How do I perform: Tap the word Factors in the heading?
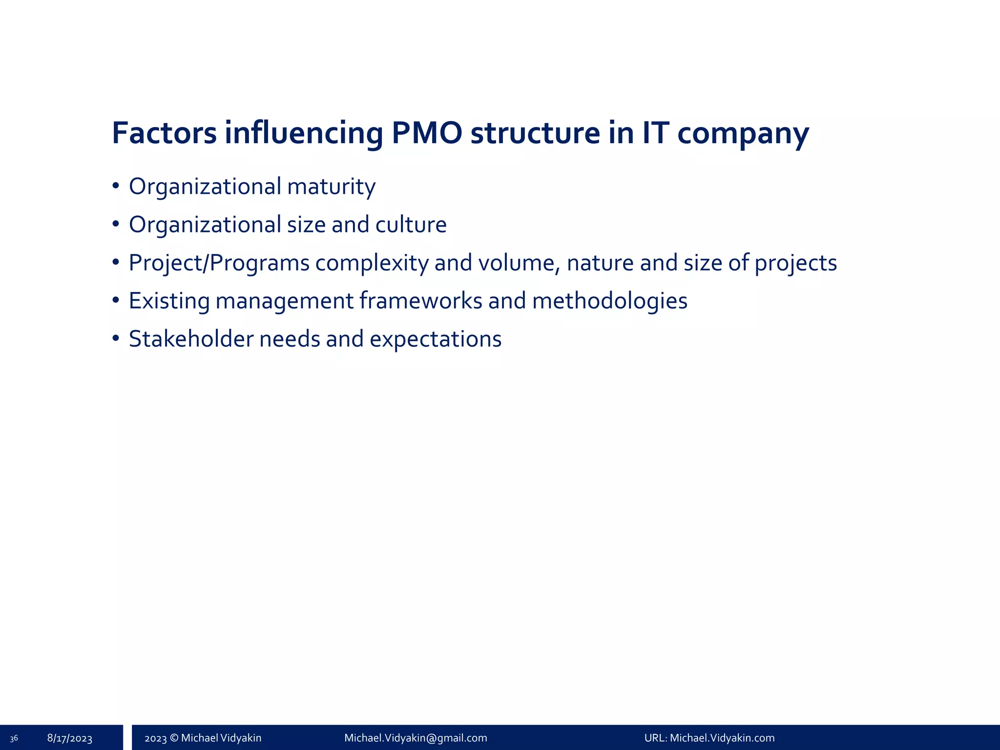click(164, 133)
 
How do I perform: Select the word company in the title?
click(743, 133)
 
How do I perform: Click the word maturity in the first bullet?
click(331, 187)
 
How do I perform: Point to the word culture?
click(411, 225)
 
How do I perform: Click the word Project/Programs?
click(219, 263)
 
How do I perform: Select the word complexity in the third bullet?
click(372, 263)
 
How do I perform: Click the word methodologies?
click(609, 301)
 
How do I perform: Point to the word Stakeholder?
click(191, 339)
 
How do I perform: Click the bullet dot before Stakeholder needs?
click(116, 338)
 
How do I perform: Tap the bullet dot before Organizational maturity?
click(116, 186)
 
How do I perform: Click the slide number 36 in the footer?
click(14, 738)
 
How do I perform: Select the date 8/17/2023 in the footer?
click(70, 738)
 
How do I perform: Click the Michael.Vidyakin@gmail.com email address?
click(416, 738)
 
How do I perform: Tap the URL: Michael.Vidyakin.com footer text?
click(709, 738)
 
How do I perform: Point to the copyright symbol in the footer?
click(174, 738)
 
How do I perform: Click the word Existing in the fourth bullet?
click(169, 301)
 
